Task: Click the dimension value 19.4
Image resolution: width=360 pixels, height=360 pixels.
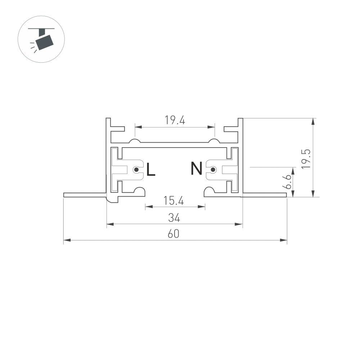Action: click(x=175, y=121)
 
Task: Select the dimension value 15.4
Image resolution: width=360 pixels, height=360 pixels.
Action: click(x=174, y=201)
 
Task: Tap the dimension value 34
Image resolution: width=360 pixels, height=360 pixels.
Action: click(x=174, y=218)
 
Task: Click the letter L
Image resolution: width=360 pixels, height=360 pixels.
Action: click(x=151, y=170)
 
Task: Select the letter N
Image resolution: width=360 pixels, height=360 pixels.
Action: click(x=197, y=168)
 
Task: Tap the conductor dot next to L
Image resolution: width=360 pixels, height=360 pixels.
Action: click(x=136, y=170)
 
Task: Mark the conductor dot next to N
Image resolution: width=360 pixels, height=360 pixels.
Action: click(x=213, y=169)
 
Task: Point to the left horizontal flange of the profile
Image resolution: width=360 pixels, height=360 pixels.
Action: click(x=85, y=195)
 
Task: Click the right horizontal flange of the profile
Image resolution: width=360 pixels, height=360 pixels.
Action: click(x=265, y=195)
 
